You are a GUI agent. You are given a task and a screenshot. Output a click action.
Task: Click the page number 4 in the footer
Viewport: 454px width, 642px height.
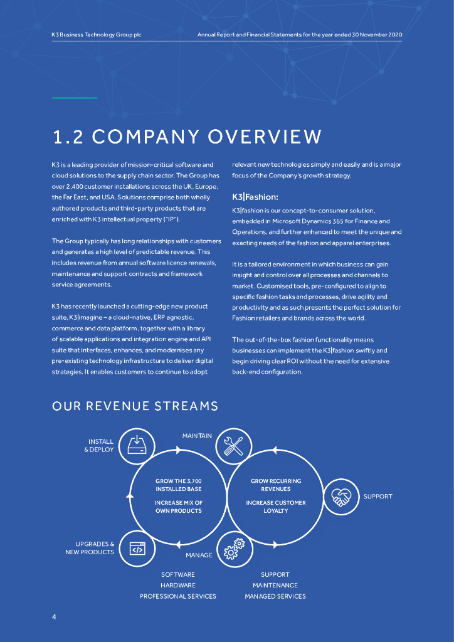[x=54, y=618]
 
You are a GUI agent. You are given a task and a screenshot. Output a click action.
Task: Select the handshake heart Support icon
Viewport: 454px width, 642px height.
[x=340, y=497]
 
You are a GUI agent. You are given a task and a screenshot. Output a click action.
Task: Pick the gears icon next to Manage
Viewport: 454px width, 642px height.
[x=234, y=549]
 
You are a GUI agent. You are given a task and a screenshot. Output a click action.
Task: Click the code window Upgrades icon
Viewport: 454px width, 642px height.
[x=137, y=549]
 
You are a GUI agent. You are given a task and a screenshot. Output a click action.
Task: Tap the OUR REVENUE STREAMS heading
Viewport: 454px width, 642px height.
[x=135, y=406]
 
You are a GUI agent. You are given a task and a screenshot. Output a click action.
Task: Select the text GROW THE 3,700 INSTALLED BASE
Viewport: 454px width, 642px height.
[x=179, y=485]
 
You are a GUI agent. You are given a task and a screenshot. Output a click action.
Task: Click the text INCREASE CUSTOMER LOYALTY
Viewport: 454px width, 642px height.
[x=276, y=507]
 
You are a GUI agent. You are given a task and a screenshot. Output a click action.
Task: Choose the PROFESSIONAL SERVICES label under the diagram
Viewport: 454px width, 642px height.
[x=178, y=596]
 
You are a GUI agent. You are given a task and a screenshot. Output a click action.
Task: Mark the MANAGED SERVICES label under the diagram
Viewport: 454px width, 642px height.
[x=275, y=596]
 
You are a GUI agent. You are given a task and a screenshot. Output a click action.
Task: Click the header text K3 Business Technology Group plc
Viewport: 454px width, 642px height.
[x=97, y=34]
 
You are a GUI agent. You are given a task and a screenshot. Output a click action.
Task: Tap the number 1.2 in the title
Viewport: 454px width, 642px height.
[x=73, y=137]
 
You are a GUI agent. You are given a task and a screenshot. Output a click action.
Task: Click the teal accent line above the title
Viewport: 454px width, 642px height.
[x=75, y=98]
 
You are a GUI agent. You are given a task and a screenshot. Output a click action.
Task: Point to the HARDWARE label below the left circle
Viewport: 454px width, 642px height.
[x=178, y=586]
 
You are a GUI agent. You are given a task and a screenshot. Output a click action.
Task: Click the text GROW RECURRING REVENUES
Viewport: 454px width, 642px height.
[x=276, y=485]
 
